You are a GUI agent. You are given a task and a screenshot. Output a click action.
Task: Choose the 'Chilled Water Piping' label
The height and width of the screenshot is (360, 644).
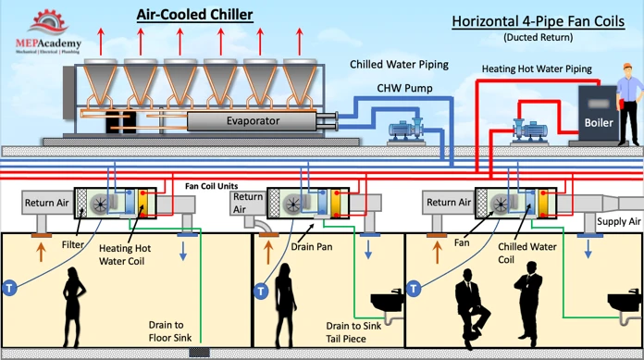(x=399, y=66)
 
